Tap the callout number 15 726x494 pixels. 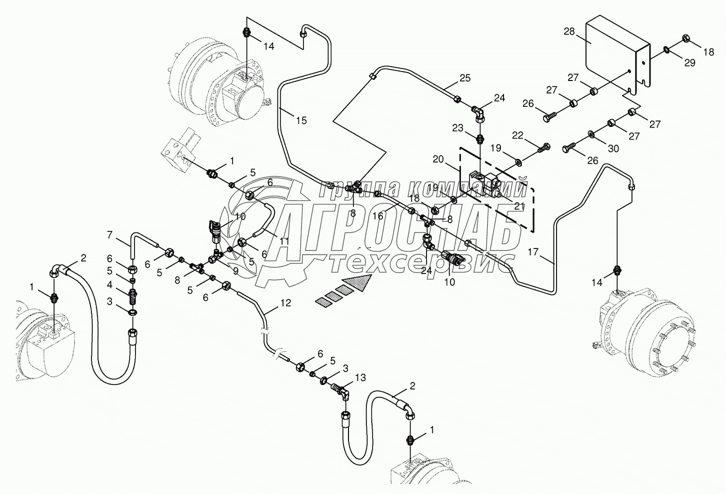[301, 120]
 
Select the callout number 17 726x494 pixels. [533, 252]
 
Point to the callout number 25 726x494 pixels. [465, 77]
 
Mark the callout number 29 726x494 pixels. [690, 62]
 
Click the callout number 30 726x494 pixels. [613, 148]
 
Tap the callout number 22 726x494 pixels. [517, 135]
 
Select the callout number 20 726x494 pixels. [438, 159]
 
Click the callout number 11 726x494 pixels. [284, 241]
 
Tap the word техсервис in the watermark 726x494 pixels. [420, 261]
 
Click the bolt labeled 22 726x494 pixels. [543, 148]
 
